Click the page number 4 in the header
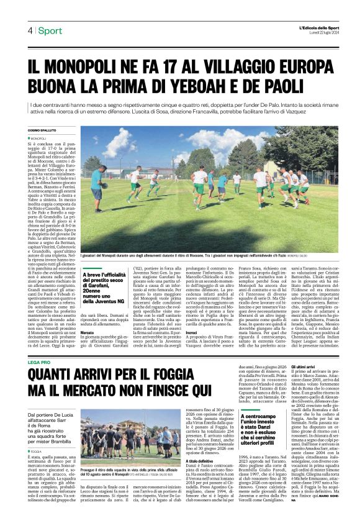[x=29, y=31]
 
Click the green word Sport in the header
[x=50, y=31]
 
